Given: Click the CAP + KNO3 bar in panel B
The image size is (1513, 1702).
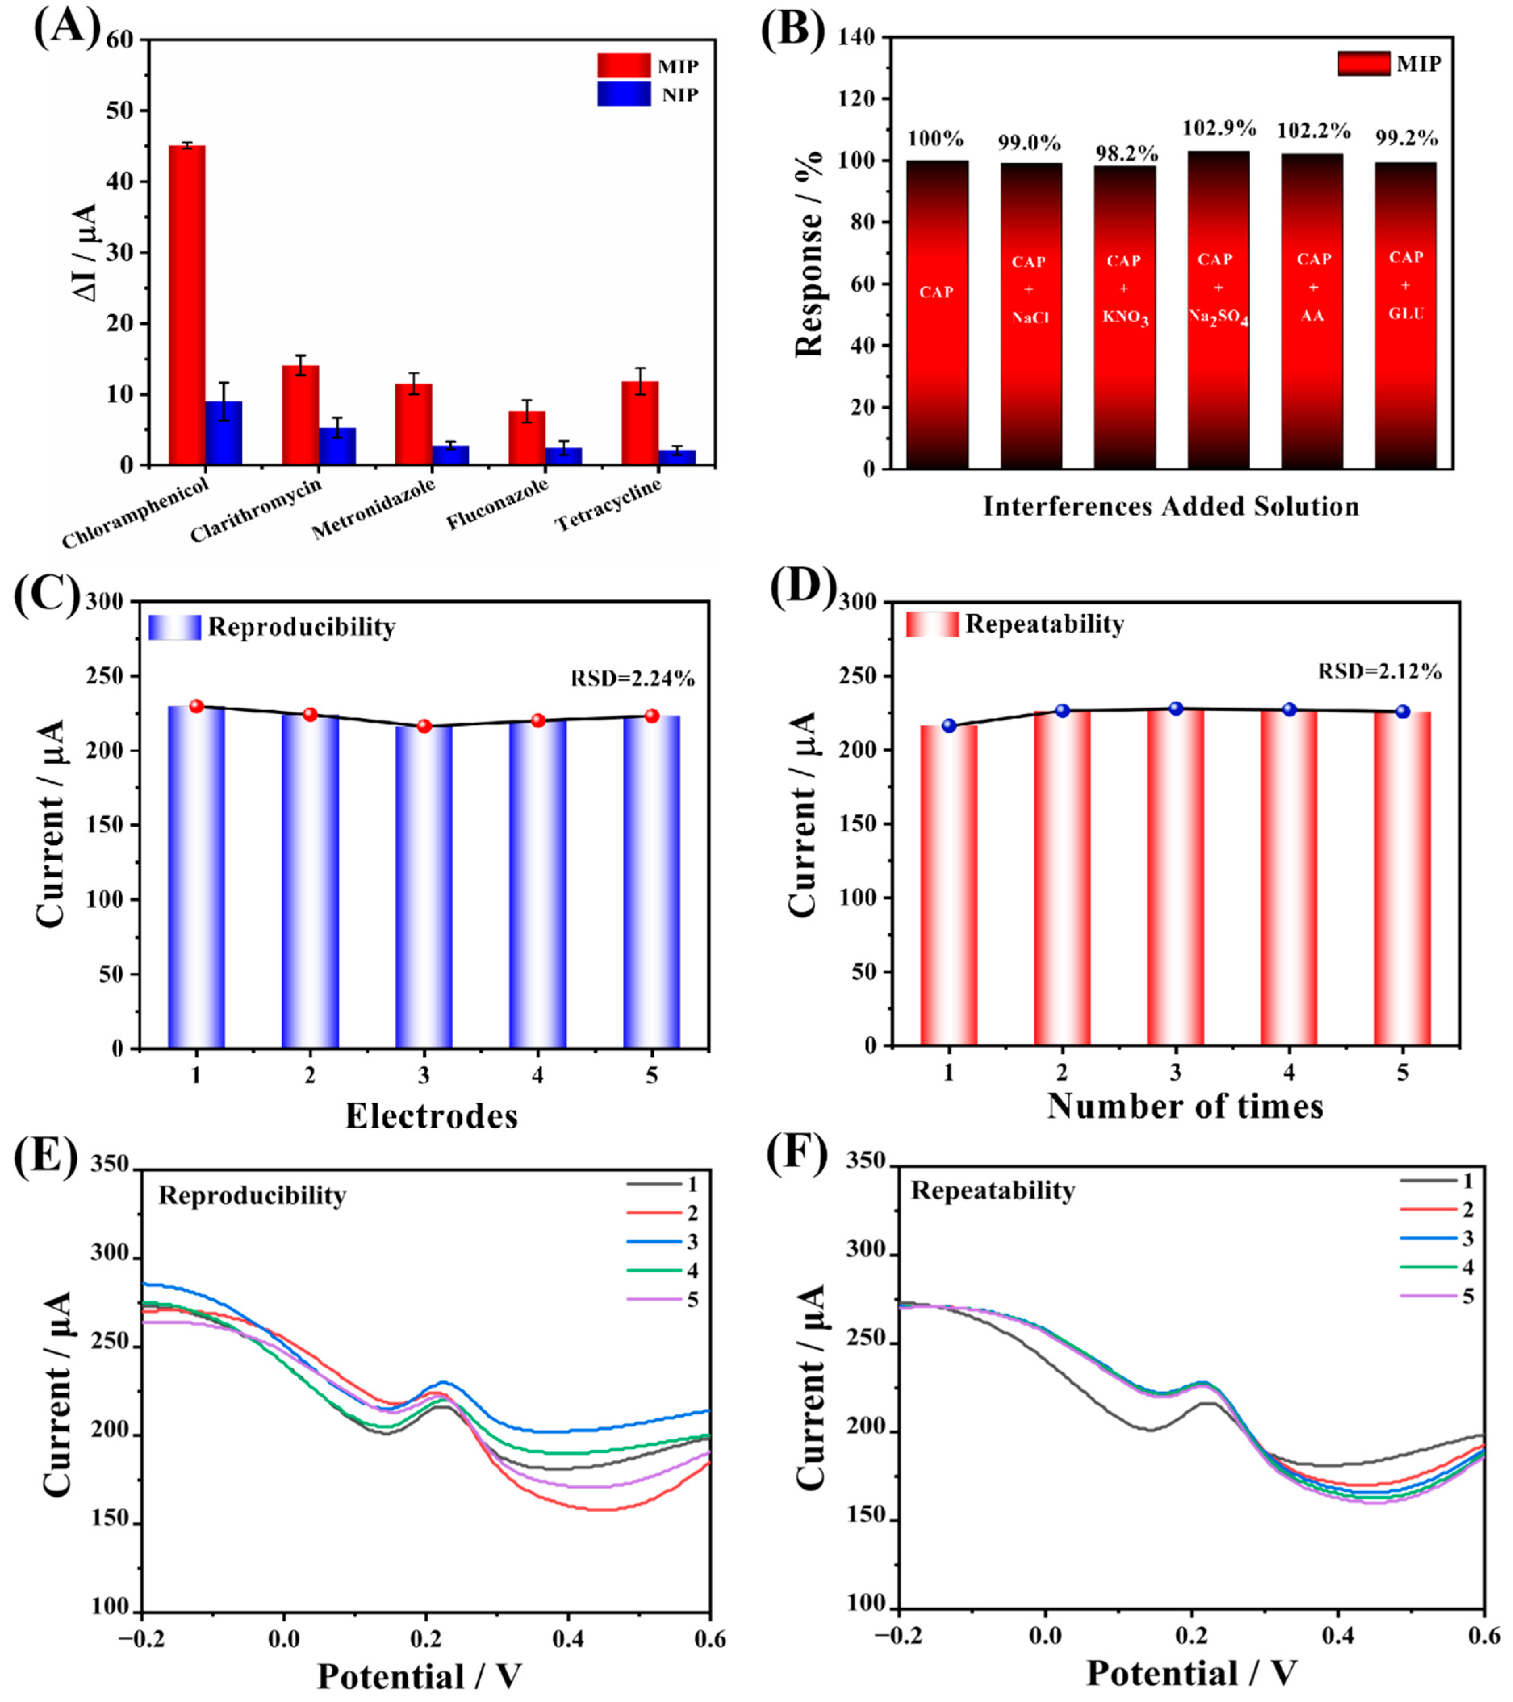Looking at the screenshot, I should click(x=1124, y=316).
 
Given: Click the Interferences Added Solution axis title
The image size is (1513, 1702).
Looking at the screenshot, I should click(x=1171, y=506).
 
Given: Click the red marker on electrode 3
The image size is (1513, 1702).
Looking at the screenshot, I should click(x=424, y=726).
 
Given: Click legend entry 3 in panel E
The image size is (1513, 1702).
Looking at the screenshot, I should click(x=662, y=1243).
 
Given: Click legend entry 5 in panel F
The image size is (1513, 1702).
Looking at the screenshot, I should click(x=1436, y=1297).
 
